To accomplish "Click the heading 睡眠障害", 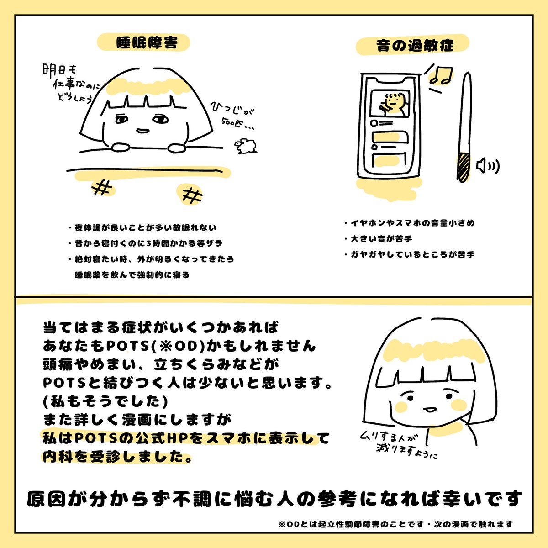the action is (x=145, y=43).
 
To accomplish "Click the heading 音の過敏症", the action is (x=415, y=46).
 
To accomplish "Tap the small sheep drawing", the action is (x=246, y=146).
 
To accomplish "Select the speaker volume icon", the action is (x=487, y=166).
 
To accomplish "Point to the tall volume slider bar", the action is (x=465, y=128).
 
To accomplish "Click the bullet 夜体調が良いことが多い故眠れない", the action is (x=142, y=227).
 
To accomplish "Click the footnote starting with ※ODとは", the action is (x=395, y=524).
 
